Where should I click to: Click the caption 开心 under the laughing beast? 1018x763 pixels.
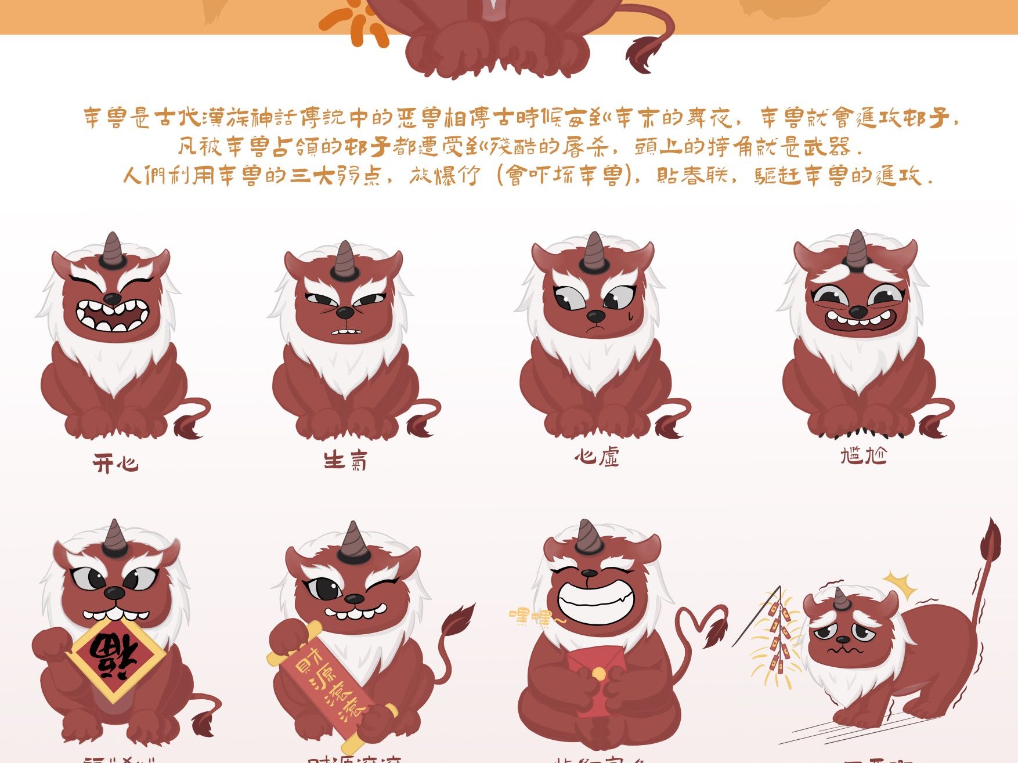[x=115, y=464]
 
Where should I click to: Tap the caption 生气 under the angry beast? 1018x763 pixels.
[x=345, y=461]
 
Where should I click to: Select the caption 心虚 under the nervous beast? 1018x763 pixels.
[x=597, y=457]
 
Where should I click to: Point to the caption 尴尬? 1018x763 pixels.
[x=864, y=455]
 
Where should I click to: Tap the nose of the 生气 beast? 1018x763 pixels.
[x=345, y=313]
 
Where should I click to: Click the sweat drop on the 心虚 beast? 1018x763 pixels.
[x=631, y=317]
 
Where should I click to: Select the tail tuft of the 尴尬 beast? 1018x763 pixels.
[x=932, y=427]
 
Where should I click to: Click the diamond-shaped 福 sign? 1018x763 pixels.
[x=116, y=659]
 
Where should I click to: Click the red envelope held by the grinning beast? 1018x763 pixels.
[x=595, y=676]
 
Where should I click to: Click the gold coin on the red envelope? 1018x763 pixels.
[x=598, y=674]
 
